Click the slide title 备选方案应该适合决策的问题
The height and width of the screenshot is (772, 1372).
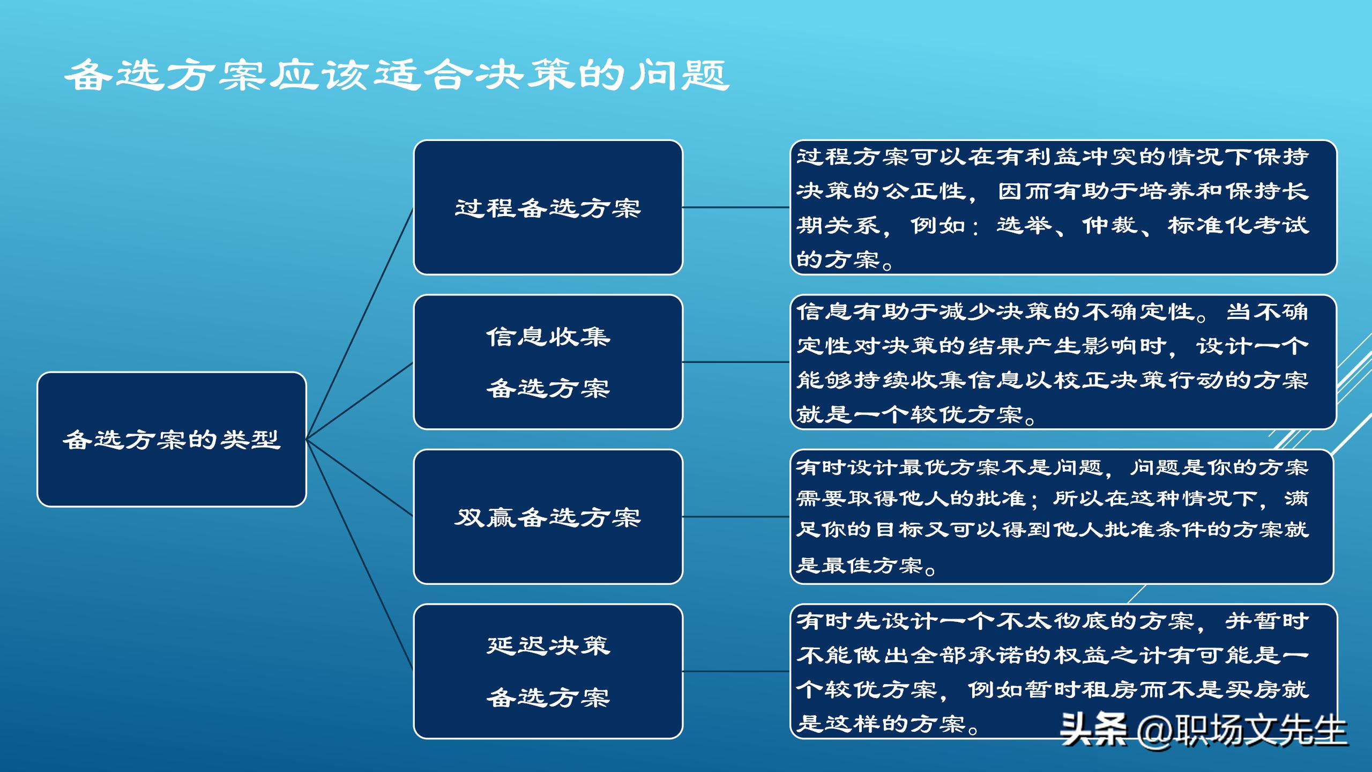coord(397,75)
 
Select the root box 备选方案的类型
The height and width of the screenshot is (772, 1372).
coord(171,440)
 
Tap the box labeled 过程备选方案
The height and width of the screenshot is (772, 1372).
coord(548,207)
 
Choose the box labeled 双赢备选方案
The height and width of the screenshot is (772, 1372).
coord(548,517)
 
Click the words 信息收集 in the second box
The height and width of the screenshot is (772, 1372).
coord(548,337)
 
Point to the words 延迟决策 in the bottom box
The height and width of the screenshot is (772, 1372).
coord(548,645)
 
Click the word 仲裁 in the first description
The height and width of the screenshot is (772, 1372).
coord(1109,225)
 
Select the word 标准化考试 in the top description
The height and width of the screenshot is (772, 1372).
coord(1238,225)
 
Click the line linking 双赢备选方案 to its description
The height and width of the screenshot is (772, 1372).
coord(736,517)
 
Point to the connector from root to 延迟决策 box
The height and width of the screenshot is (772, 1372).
coord(360,555)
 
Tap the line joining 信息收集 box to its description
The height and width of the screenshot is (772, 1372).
coord(736,362)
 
